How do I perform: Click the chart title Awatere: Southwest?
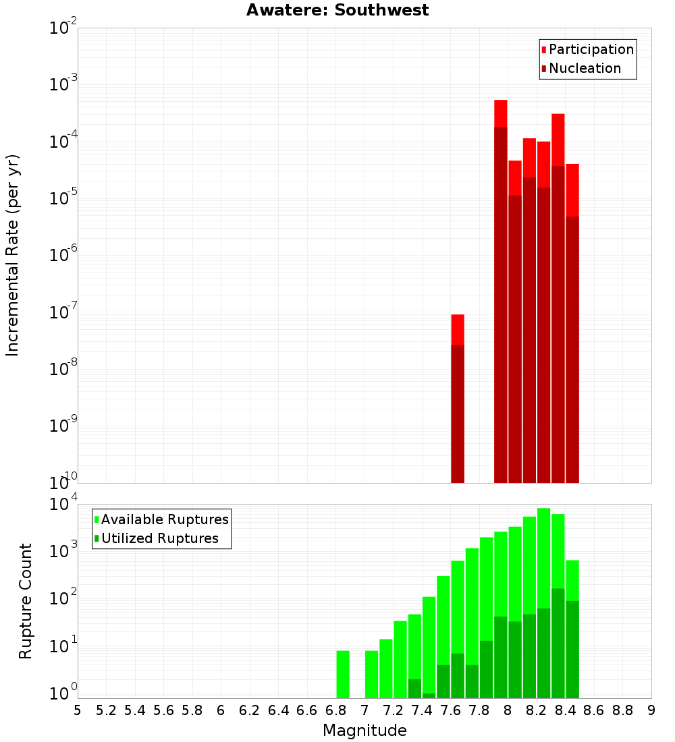click(337, 10)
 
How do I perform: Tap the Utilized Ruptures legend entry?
click(159, 538)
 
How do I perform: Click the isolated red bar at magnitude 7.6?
click(458, 398)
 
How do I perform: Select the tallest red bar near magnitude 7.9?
click(500, 290)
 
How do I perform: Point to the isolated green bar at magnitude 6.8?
click(343, 674)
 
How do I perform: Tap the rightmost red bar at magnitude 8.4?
click(572, 324)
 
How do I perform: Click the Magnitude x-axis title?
click(364, 731)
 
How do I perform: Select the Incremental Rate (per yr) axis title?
click(13, 255)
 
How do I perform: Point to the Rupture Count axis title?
click(26, 601)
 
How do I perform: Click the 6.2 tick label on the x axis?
click(250, 710)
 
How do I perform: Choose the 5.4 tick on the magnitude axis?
click(135, 710)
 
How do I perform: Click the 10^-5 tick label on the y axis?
click(63, 198)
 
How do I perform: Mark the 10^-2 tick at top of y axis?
click(63, 28)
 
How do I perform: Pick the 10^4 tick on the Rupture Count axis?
click(63, 505)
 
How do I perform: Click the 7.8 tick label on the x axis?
click(479, 710)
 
